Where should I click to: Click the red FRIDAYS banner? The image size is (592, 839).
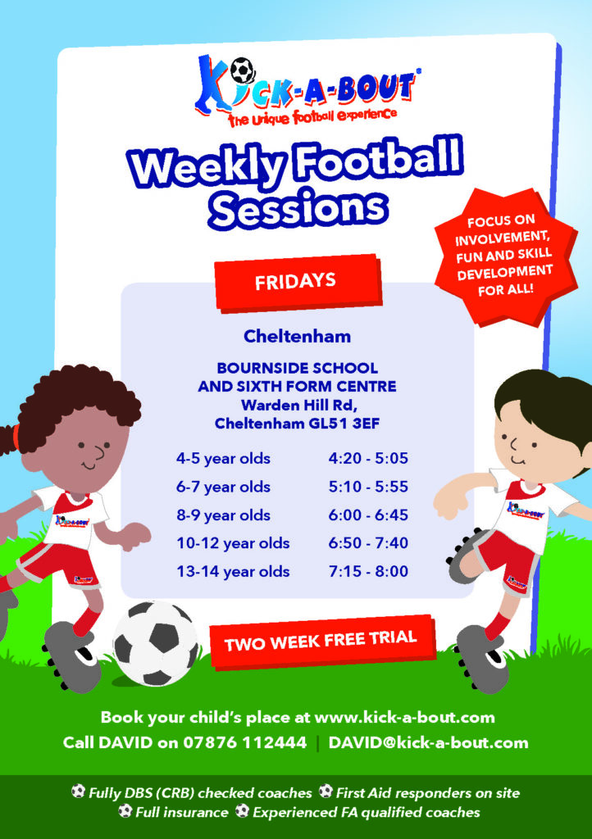tap(298, 282)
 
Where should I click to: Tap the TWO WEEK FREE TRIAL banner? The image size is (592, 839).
tap(321, 641)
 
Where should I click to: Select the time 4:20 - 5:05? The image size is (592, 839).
tap(368, 458)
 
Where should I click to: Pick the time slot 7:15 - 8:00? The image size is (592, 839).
tap(368, 571)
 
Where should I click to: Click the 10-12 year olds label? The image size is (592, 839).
tap(233, 543)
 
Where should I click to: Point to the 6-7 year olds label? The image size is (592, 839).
tap(223, 487)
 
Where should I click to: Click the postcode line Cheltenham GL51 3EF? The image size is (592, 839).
tap(297, 424)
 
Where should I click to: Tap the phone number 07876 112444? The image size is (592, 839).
tap(244, 742)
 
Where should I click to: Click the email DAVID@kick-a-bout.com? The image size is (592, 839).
tap(428, 742)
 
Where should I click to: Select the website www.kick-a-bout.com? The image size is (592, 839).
tap(405, 717)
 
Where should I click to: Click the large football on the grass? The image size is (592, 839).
tap(155, 643)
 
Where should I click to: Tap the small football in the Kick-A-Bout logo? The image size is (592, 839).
tap(243, 70)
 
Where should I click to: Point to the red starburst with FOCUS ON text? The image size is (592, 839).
tap(505, 256)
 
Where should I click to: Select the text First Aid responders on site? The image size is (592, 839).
tap(427, 792)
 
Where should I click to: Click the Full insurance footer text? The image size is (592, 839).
tap(181, 812)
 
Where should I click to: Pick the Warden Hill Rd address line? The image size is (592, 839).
tap(298, 405)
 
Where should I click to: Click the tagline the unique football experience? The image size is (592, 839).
tap(313, 116)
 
